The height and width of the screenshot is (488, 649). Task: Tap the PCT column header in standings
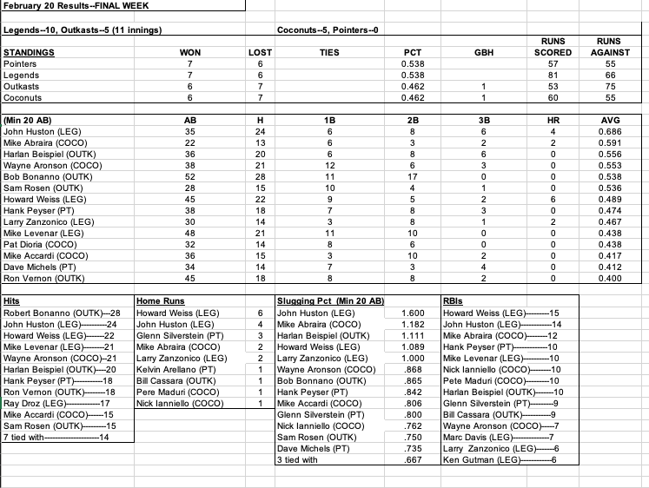(414, 53)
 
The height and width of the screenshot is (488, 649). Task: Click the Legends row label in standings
(23, 76)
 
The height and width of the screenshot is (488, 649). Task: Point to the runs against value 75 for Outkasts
(613, 87)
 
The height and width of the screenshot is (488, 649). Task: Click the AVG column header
(613, 122)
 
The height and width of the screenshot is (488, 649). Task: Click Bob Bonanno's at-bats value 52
(189, 178)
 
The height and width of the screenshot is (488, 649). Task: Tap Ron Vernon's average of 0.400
(613, 279)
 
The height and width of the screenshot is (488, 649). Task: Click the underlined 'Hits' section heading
(12, 300)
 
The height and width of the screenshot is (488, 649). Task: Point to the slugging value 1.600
(414, 312)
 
